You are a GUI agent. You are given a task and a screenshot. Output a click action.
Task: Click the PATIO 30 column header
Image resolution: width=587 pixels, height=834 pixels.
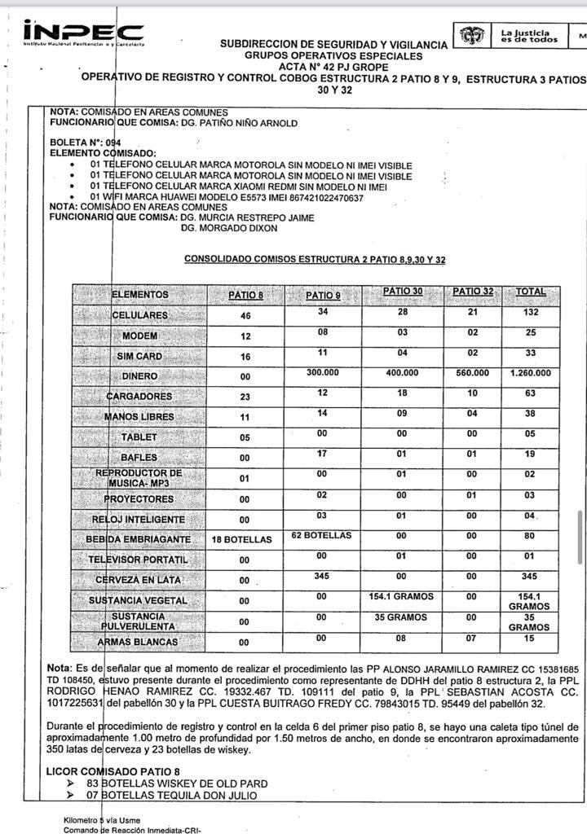click(403, 292)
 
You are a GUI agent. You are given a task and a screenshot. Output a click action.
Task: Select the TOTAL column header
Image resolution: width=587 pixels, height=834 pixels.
click(530, 292)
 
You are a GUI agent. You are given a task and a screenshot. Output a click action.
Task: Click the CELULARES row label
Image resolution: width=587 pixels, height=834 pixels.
click(139, 315)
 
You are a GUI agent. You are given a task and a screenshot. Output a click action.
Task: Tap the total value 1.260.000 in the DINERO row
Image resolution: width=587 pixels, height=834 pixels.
click(530, 373)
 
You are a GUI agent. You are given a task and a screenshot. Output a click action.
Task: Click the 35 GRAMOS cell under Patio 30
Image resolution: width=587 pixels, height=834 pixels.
click(403, 617)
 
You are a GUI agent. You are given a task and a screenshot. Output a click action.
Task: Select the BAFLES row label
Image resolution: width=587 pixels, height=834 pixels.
click(139, 458)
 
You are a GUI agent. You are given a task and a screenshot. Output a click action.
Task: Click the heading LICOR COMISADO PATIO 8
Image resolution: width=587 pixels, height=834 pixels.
click(113, 770)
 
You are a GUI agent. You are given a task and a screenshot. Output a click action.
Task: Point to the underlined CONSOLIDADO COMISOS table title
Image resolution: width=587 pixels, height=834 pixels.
click(315, 259)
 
